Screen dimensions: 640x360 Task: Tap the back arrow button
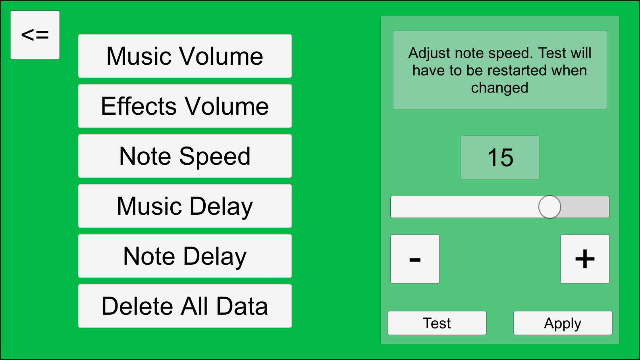(x=35, y=35)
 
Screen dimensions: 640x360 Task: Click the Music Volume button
(x=185, y=56)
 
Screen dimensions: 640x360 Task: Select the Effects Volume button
(x=185, y=106)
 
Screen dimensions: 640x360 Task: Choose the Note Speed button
(x=185, y=156)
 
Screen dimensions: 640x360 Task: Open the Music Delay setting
(x=185, y=206)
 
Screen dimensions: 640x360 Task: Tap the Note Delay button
(x=185, y=256)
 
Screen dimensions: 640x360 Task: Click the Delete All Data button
(x=185, y=306)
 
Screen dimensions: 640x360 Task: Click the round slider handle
(x=549, y=207)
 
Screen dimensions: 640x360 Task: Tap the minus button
(x=415, y=259)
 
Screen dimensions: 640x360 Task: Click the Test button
(x=437, y=323)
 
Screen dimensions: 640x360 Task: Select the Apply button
(x=563, y=323)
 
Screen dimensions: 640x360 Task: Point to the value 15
(x=500, y=158)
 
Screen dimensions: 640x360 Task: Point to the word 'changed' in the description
(x=500, y=88)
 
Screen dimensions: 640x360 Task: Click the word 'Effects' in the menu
(x=139, y=106)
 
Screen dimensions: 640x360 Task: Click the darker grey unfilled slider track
(x=585, y=207)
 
